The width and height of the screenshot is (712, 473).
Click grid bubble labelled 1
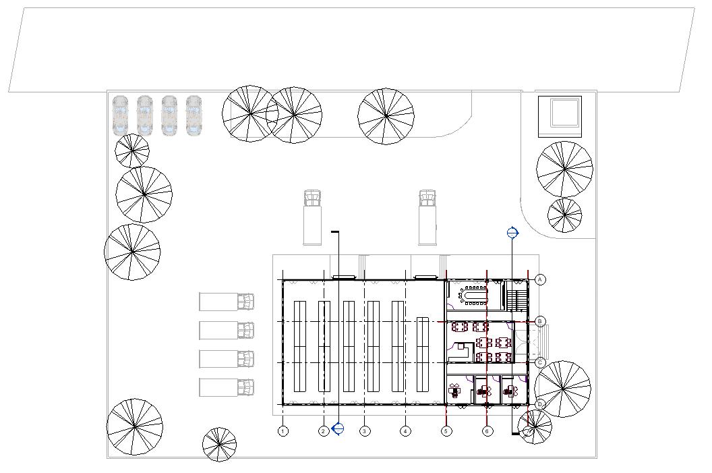click(x=283, y=430)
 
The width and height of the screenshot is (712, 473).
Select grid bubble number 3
click(x=365, y=430)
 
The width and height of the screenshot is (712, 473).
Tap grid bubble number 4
click(x=405, y=430)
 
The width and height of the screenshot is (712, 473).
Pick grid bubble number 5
click(x=446, y=430)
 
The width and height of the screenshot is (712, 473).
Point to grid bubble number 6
click(x=487, y=430)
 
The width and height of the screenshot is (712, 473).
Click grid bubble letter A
click(x=540, y=279)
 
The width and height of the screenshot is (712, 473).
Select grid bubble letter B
click(x=540, y=321)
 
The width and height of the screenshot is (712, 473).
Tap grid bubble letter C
click(x=540, y=363)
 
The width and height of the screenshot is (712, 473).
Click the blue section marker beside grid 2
click(x=338, y=428)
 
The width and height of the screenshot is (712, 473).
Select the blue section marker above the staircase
click(x=512, y=233)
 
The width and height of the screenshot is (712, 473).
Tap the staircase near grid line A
click(x=516, y=297)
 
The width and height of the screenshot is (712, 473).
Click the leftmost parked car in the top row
click(x=121, y=115)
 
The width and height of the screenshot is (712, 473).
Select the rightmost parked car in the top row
click(x=194, y=115)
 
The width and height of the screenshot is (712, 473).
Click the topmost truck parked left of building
click(x=227, y=301)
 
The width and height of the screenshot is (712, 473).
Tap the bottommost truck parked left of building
click(x=227, y=387)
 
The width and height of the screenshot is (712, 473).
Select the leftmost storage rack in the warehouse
click(x=300, y=346)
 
